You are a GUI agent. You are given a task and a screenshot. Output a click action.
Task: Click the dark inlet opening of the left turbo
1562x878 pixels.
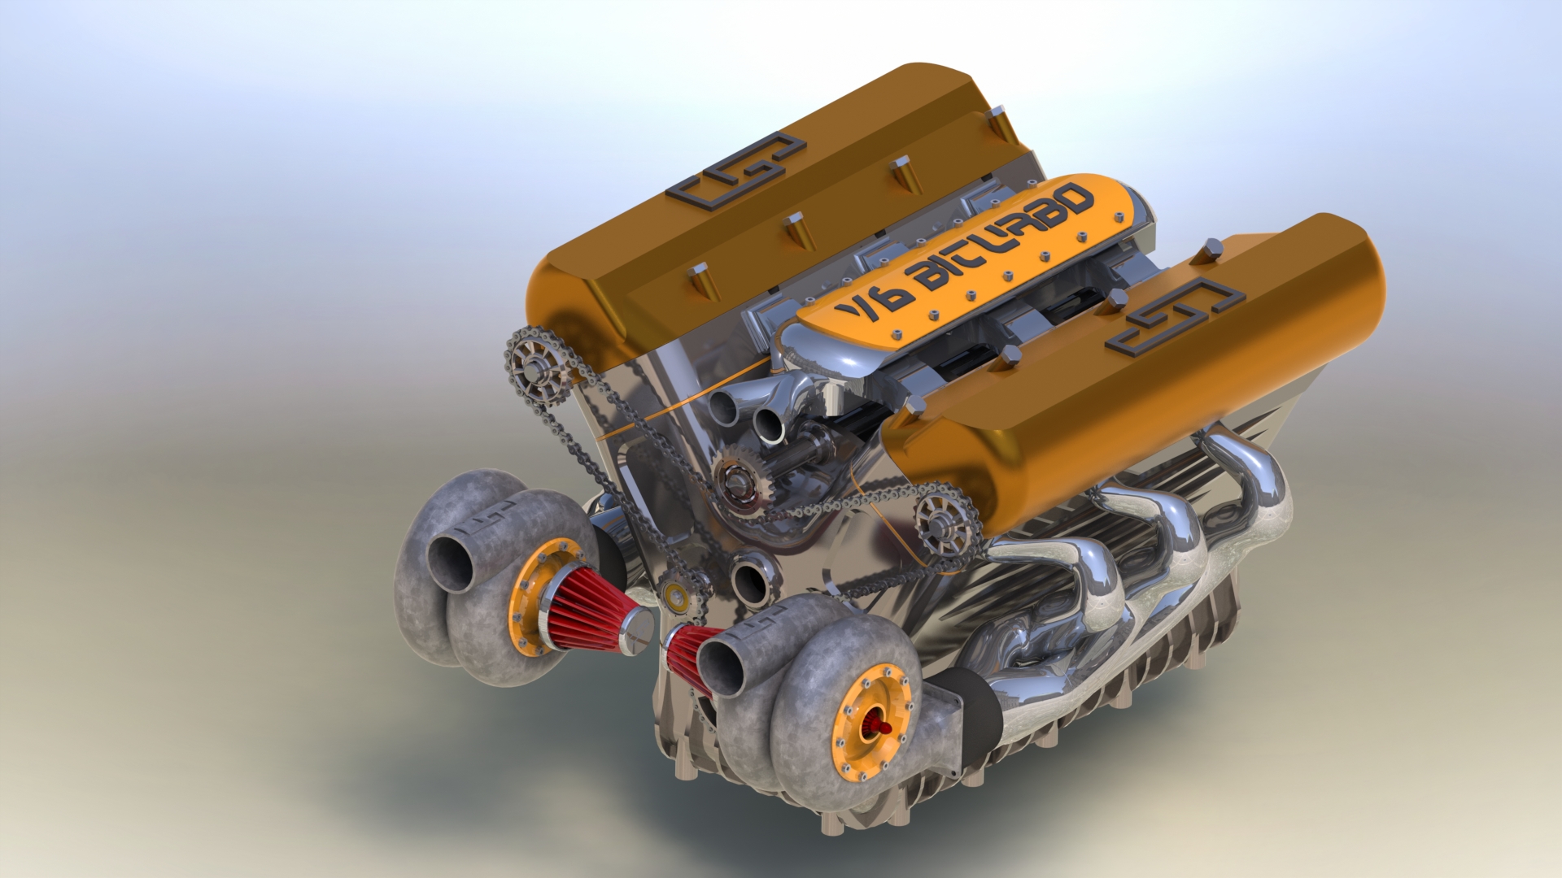point(450,563)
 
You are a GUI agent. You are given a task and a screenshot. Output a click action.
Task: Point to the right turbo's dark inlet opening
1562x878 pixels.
point(721,667)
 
